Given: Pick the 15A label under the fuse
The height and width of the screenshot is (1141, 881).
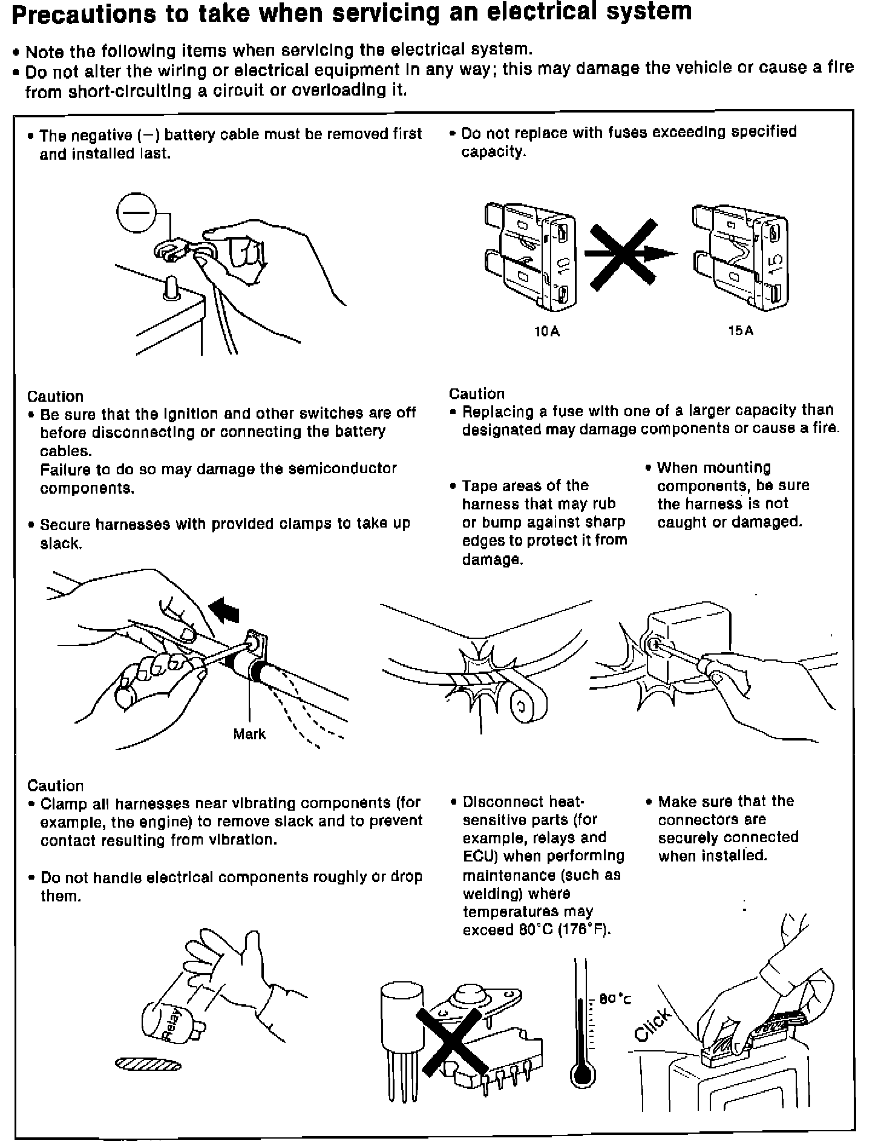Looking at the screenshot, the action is click(741, 331).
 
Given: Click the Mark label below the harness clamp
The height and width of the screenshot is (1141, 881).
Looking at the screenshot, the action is click(249, 734).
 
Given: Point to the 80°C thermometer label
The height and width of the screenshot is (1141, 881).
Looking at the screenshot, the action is click(615, 999).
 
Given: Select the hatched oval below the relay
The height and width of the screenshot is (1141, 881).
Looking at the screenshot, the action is click(148, 1064).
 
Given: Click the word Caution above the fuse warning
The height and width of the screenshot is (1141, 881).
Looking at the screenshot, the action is click(477, 394).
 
